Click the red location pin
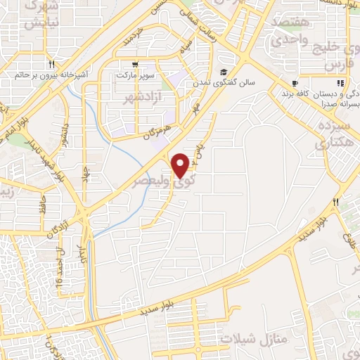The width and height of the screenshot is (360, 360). (181, 165)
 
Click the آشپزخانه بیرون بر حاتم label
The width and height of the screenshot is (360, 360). (50, 73)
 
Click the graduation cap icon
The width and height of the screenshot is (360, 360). (224, 72)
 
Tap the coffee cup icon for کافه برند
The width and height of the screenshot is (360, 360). (293, 84)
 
